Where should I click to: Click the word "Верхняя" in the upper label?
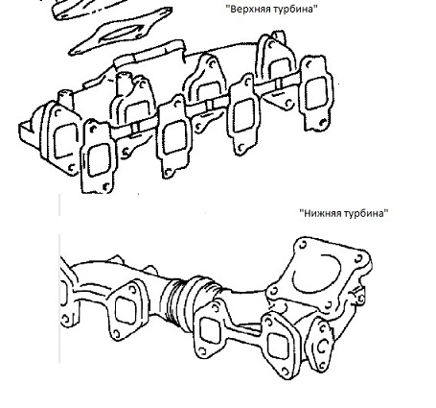(250, 9)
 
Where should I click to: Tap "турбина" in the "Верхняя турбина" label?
(293, 9)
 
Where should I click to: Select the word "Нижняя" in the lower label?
(321, 213)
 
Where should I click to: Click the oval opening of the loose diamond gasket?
(119, 35)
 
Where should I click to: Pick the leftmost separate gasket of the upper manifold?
(98, 156)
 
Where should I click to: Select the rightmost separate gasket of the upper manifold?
(315, 93)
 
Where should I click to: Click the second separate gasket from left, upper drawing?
(174, 136)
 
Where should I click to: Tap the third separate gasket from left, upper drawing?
(244, 113)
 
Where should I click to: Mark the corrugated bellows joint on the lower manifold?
(175, 303)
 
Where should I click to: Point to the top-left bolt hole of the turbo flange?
(302, 245)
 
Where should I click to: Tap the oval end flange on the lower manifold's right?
(319, 344)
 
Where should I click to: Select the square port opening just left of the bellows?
(126, 310)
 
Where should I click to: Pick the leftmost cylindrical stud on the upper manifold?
(66, 100)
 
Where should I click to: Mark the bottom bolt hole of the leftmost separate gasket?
(106, 186)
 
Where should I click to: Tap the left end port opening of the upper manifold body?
(66, 141)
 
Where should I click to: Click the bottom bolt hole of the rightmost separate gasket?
(323, 122)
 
